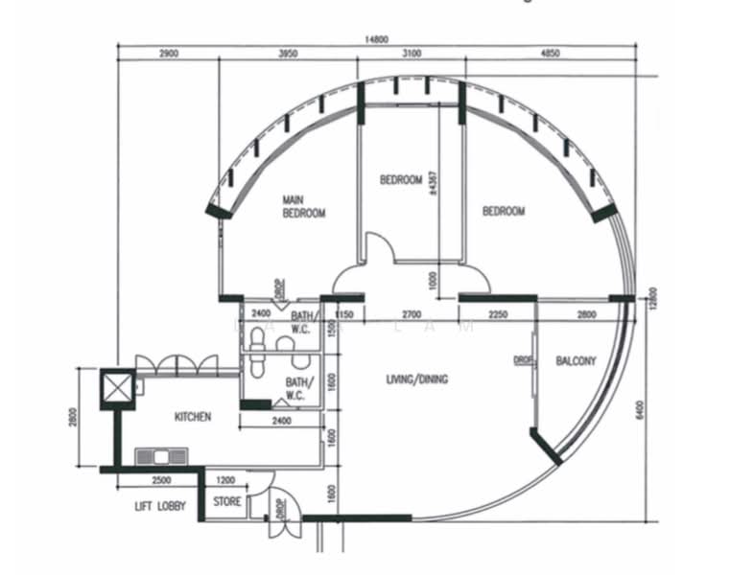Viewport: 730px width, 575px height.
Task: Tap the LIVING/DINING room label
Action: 416,379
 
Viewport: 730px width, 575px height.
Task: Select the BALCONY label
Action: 576,361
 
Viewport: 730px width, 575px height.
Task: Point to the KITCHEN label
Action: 192,417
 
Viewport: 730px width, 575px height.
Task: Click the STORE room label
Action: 226,501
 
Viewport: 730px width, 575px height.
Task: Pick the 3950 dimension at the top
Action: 288,54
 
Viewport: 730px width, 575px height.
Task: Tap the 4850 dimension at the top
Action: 551,54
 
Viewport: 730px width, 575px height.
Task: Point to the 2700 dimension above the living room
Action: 411,313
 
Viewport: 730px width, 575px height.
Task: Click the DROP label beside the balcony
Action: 522,360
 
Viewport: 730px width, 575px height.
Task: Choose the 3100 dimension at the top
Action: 412,54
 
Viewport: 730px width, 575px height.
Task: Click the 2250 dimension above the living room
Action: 497,313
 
